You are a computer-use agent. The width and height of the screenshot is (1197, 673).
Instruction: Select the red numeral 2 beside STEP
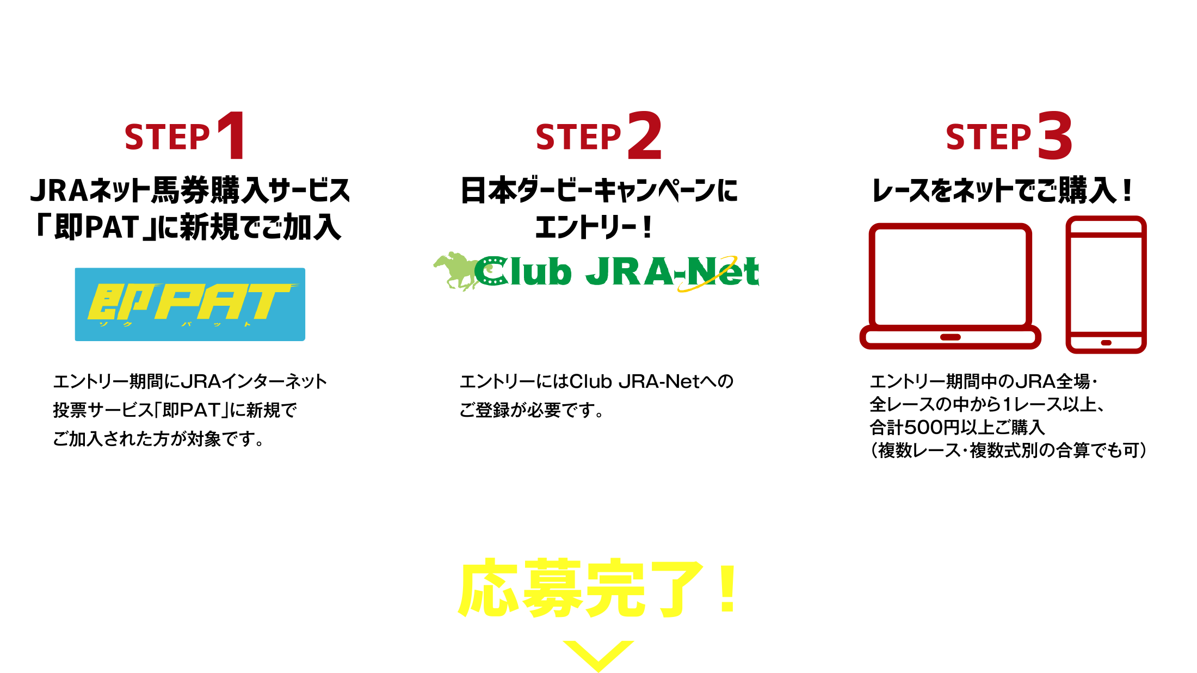[x=645, y=136]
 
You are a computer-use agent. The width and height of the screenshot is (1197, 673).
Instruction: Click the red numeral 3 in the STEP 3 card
[x=1054, y=136]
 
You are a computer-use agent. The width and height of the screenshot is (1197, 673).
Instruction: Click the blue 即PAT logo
[x=190, y=304]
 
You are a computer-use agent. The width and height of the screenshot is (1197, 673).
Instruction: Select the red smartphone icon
[x=1106, y=284]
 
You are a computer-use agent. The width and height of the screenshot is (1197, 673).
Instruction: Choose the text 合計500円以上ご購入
[x=958, y=428]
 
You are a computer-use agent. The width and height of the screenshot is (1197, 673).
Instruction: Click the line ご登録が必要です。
[x=532, y=410]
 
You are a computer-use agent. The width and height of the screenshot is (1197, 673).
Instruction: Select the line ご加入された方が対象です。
[x=158, y=439]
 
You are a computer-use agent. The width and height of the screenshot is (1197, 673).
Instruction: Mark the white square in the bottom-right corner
[x=1155, y=615]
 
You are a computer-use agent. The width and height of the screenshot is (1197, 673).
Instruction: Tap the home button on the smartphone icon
[x=1106, y=343]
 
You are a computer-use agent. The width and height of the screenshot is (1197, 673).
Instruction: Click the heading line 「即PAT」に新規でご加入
[x=188, y=227]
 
